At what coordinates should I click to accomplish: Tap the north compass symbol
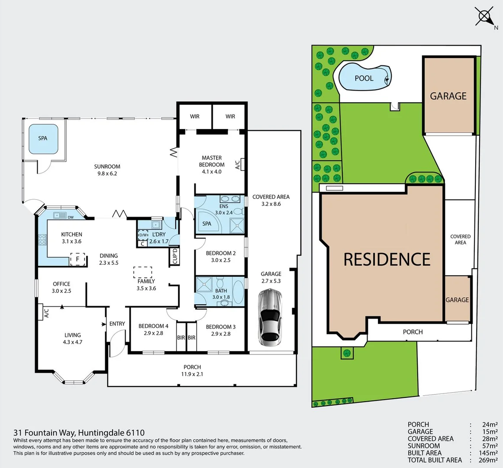click(484, 17)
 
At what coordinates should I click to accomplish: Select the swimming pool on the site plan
click(364, 78)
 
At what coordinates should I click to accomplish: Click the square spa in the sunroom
click(43, 139)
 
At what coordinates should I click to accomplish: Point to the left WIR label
click(195, 116)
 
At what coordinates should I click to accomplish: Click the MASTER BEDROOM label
click(212, 161)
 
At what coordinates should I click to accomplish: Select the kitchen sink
click(59, 215)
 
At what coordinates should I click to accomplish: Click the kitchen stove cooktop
click(42, 240)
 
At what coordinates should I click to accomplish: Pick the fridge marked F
click(77, 259)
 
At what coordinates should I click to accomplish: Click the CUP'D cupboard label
click(175, 256)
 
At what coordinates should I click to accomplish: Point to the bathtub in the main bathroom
click(239, 292)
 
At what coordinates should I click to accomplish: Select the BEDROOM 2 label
click(221, 253)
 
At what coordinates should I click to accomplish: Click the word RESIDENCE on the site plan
click(387, 260)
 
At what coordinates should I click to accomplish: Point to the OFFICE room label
click(61, 284)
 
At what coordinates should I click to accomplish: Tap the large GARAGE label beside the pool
click(448, 96)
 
